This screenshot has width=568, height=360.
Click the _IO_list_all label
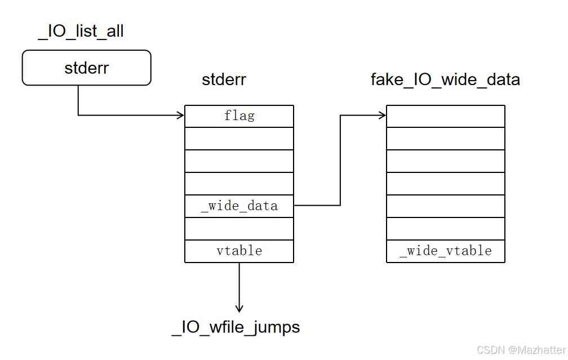81,32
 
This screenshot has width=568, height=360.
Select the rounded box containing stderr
87,68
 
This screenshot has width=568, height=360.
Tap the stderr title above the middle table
224,79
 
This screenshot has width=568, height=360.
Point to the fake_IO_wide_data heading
445,79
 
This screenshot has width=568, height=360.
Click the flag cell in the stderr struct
239,116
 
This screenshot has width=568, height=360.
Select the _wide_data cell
239,206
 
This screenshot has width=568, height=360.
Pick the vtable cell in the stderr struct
239,251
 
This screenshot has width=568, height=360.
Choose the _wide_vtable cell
446,251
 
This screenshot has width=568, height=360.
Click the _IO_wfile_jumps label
236,327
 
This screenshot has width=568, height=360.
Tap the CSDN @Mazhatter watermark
521,350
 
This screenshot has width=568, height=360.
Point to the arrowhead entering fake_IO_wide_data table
383,115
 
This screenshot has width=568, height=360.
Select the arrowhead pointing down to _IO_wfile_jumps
239,309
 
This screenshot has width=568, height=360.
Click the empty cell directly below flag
239,139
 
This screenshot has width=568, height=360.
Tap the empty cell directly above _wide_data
239,184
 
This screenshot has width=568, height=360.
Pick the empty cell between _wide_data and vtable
239,229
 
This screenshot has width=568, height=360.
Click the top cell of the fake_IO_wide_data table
446,116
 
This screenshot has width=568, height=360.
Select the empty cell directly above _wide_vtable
446,229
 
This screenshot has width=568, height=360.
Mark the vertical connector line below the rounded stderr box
78,100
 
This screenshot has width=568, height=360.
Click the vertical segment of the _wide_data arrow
340,161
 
